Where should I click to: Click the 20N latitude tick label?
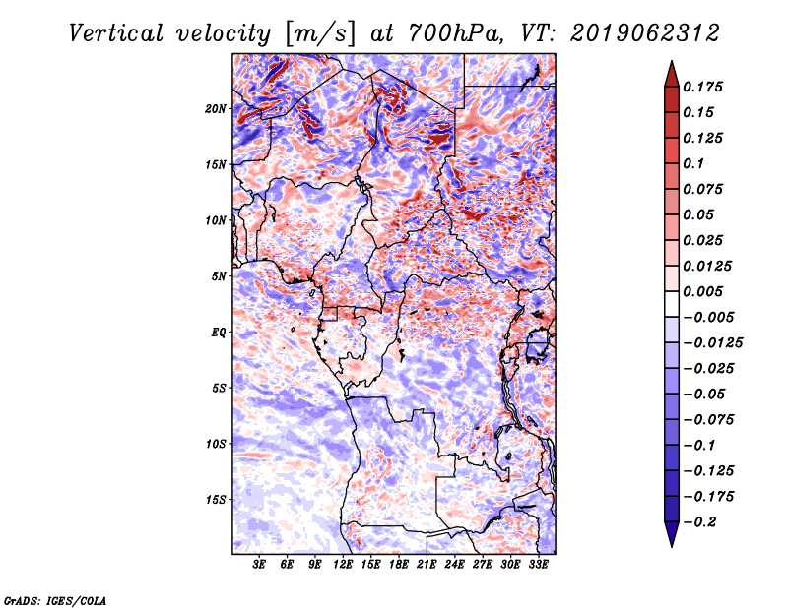coord(216,108)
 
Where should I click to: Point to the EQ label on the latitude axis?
coord(218,332)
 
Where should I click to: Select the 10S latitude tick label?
coord(216,444)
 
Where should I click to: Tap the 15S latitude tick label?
coord(216,499)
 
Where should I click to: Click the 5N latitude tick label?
coord(219,276)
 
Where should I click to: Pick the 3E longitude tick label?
coord(260,565)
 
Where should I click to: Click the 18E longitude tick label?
coord(399,565)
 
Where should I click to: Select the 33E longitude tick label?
coord(538,565)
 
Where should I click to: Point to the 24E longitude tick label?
coord(455,565)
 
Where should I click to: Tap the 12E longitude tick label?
coord(344,565)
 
